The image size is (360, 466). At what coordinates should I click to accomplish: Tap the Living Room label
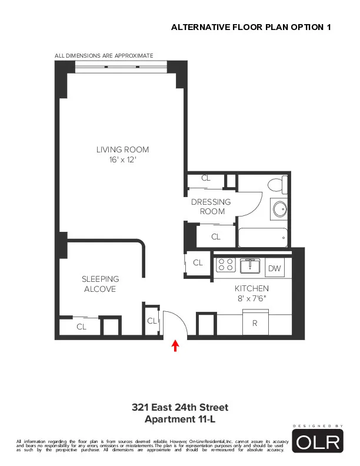[122, 149]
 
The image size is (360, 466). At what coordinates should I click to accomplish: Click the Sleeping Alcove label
[100, 284]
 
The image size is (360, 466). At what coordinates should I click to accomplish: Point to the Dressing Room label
[211, 207]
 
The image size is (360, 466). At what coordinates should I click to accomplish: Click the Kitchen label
[251, 288]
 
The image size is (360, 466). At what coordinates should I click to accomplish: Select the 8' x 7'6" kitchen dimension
[252, 298]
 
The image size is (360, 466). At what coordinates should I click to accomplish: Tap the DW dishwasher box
[275, 268]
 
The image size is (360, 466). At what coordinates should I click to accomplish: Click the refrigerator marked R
[255, 323]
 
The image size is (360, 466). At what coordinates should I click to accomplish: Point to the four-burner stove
[226, 265]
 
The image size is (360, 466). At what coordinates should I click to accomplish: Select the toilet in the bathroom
[276, 184]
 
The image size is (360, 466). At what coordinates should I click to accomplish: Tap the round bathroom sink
[279, 209]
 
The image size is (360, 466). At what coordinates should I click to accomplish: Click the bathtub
[263, 238]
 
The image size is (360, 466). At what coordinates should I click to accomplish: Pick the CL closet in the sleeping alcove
[81, 327]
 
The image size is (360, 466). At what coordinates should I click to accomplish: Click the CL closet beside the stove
[198, 262]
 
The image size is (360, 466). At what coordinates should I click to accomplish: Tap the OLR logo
[318, 442]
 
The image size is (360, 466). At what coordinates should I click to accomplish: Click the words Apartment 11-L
[179, 419]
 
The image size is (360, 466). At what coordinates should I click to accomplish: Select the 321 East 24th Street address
[179, 408]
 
